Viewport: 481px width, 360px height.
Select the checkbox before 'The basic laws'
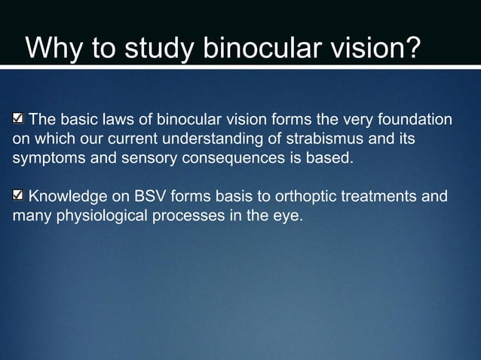(19, 119)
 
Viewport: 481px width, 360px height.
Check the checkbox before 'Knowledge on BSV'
(19, 197)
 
